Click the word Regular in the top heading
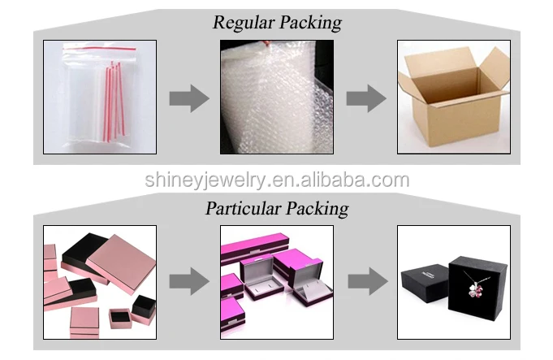tap(240, 22)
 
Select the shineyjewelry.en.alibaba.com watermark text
tap(277, 180)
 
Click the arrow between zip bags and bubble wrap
tap(188, 98)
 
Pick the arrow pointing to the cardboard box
tap(365, 98)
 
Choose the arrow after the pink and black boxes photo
tap(188, 282)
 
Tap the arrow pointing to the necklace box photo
tap(365, 282)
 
